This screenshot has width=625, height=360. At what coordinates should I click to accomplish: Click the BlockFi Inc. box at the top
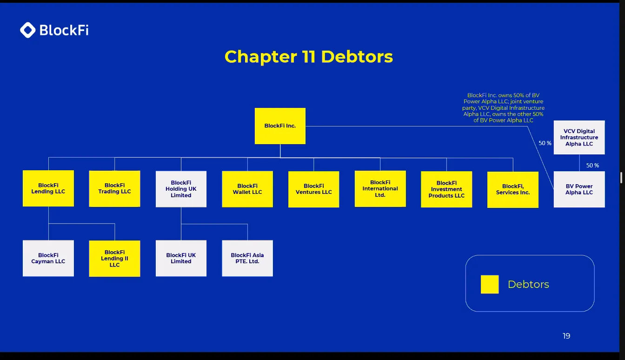280,126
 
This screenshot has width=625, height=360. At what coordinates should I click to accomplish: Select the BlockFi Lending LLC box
48,188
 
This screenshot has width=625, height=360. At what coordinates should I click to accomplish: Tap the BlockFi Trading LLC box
114,188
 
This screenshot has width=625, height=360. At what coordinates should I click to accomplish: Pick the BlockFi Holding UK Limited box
181,189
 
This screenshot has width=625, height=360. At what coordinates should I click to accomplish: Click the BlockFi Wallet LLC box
247,189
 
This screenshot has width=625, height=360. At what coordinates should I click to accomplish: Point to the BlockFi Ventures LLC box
314,189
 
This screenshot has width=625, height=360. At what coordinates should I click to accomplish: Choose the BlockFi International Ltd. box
380,189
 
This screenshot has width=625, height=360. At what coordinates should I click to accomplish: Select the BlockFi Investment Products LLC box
446,189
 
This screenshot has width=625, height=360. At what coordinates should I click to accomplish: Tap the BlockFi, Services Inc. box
513,189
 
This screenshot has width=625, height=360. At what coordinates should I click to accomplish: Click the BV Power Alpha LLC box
579,189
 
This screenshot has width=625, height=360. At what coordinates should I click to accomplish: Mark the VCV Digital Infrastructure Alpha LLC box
579,138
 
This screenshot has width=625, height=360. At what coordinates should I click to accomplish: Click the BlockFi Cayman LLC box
48,258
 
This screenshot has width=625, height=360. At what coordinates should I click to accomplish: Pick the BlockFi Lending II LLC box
114,259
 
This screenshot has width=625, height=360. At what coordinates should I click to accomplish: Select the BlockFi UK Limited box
181,258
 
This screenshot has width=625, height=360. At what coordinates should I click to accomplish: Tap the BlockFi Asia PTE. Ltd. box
247,258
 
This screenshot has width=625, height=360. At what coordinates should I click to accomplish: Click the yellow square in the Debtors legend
490,284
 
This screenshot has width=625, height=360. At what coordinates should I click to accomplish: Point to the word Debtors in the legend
528,284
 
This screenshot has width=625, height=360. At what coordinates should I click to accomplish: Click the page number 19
566,336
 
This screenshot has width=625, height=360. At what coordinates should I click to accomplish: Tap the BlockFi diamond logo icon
28,30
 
